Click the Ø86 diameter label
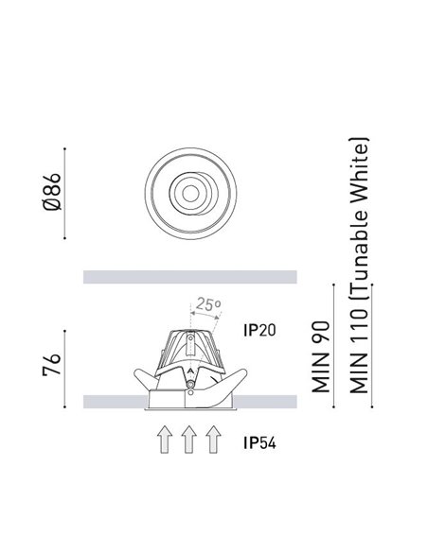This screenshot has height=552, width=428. click(x=52, y=192)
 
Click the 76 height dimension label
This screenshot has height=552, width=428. click(x=52, y=366)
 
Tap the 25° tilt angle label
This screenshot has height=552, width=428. click(x=208, y=304)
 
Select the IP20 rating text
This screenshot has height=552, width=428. click(x=259, y=330)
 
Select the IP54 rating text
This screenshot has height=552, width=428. click(x=259, y=443)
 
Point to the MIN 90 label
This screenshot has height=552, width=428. click(x=321, y=356)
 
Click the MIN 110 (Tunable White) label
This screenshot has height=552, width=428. click(x=359, y=266)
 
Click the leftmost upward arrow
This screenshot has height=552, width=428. click(x=165, y=439)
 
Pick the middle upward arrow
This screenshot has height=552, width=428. click(x=189, y=439)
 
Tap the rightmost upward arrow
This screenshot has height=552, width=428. click(x=213, y=439)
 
